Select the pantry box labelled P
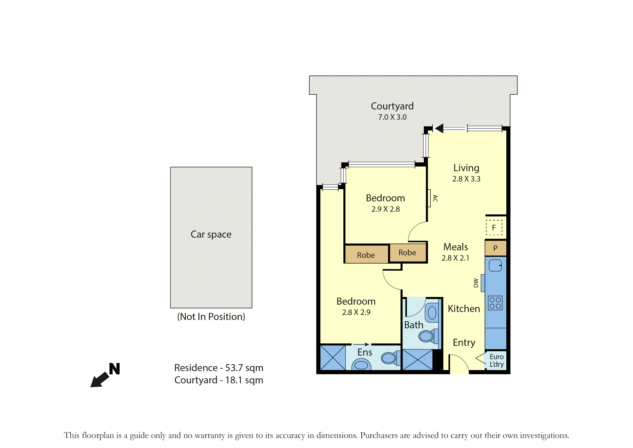[496, 248]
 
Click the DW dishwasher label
[476, 283]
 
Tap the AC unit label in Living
[435, 198]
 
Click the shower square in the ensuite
[333, 358]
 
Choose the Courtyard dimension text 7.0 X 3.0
[392, 117]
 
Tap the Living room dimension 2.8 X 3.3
[466, 179]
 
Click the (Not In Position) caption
[211, 317]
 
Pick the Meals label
[455, 247]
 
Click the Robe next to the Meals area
[407, 253]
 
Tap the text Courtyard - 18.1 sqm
[219, 380]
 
